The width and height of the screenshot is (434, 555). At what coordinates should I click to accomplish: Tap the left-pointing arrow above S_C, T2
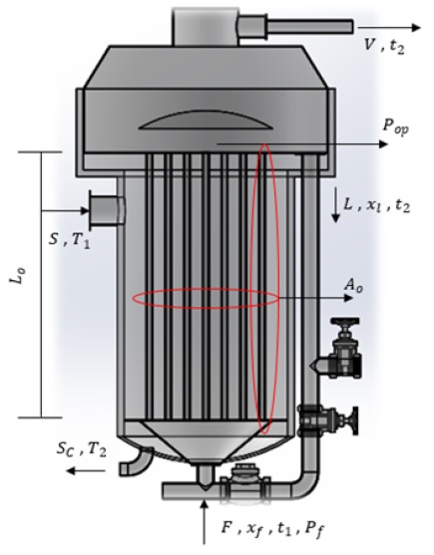point(65,475)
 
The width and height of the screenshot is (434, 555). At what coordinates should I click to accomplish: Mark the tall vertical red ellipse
point(263,289)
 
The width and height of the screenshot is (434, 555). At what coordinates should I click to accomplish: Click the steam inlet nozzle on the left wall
point(105,209)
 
